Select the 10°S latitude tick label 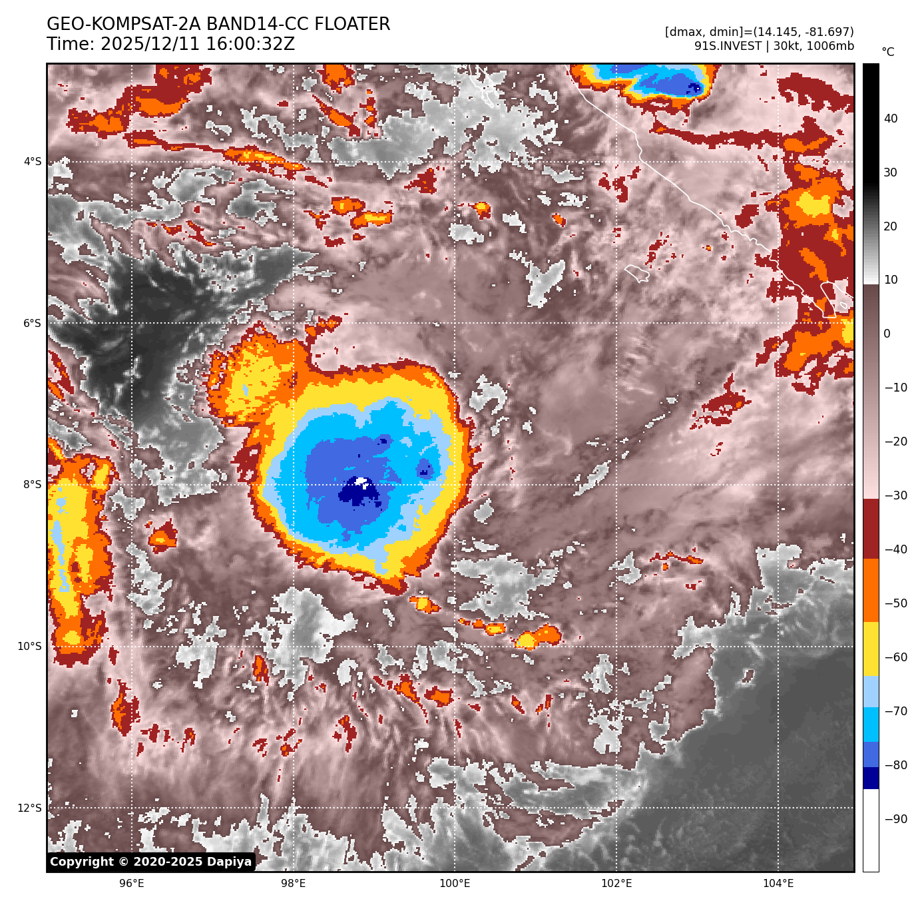tap(30, 647)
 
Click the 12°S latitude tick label tap(30, 808)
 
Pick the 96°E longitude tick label tap(132, 884)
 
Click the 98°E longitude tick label tap(294, 884)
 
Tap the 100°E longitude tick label tap(455, 884)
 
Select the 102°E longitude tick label tap(616, 884)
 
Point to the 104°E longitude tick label tap(778, 884)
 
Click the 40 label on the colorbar tap(891, 119)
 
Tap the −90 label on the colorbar tap(895, 819)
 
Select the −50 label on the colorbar tap(895, 604)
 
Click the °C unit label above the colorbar tap(888, 52)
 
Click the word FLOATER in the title tap(352, 25)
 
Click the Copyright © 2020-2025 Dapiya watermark tap(151, 862)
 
